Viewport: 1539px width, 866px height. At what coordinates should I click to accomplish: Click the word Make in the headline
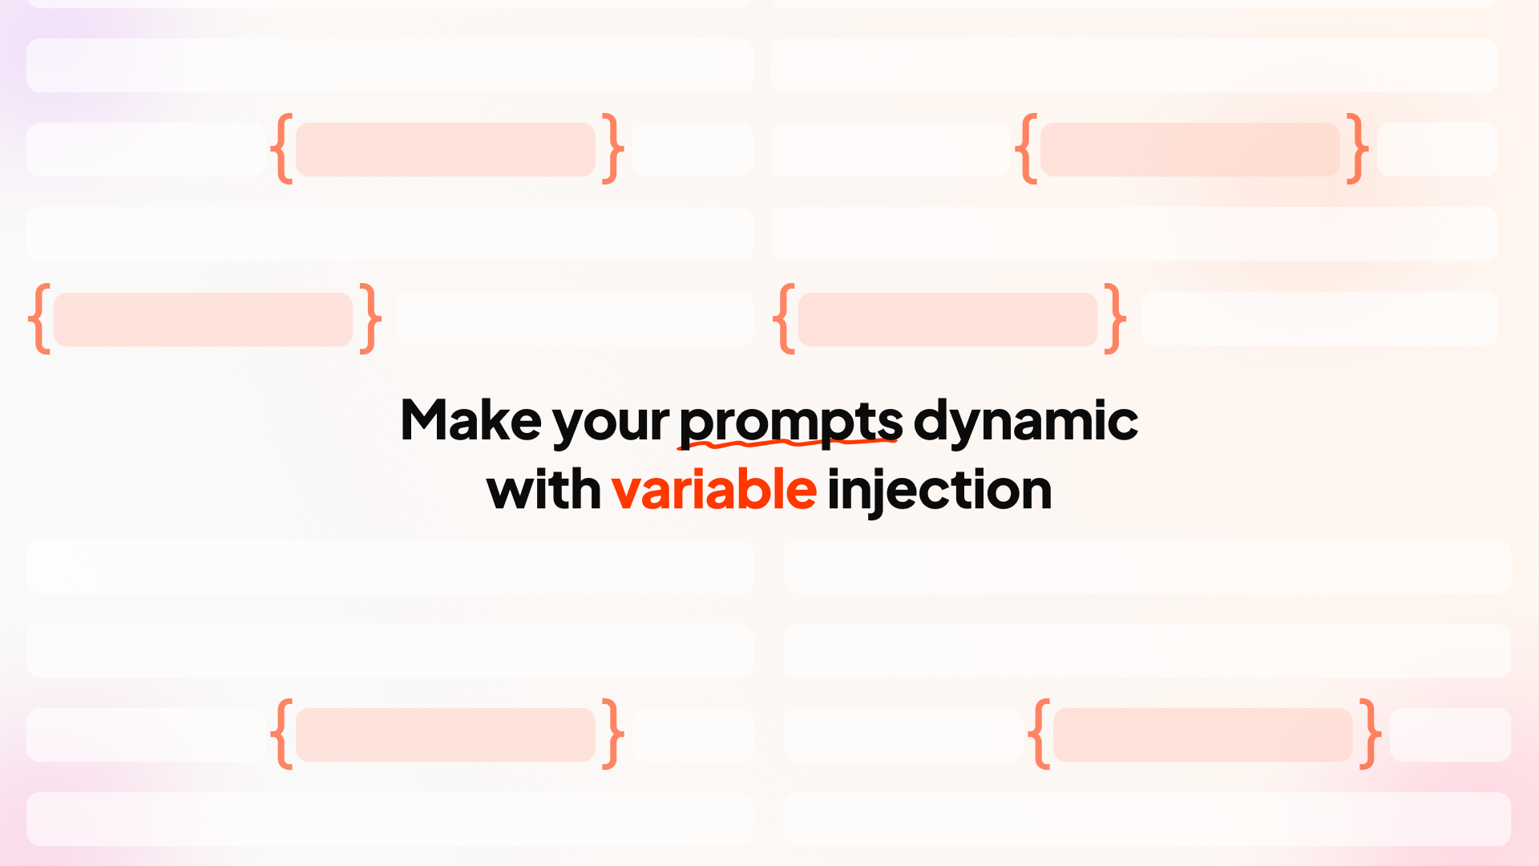(471, 420)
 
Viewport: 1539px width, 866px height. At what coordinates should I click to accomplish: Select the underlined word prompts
(790, 420)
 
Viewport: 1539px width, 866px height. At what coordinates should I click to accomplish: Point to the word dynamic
(1025, 420)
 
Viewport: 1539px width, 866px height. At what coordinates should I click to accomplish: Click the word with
(543, 489)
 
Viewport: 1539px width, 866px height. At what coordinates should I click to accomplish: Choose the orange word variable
(713, 489)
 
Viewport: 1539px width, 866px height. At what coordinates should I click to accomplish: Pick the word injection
(939, 489)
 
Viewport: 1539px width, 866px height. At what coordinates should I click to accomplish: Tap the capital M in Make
(425, 420)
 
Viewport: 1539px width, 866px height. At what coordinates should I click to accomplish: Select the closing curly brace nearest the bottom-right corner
(1370, 734)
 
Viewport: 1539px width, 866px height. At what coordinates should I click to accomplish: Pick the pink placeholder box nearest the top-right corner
(1190, 149)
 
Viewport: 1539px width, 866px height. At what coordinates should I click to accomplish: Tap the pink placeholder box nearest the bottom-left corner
(445, 734)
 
